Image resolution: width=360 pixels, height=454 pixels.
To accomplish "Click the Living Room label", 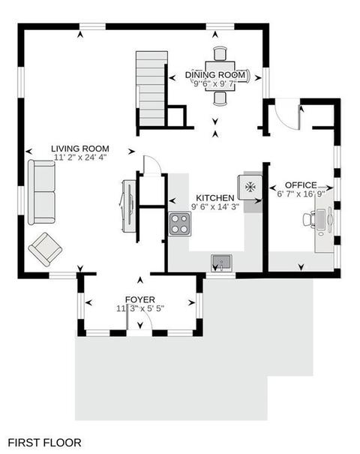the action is pos(80,149).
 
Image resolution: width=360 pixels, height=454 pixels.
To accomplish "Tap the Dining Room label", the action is pos(215,75).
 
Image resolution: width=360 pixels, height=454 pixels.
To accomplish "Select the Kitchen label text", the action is pos(215,198).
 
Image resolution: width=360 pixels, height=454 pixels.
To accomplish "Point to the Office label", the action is pos(301,185).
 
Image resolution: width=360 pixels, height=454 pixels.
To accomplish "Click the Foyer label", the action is pos(140,299).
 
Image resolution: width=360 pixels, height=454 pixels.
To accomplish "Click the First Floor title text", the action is pos(44,443).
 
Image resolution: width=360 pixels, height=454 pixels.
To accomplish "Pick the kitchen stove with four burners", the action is pos(180,224).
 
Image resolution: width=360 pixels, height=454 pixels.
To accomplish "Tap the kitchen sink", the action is pos(222,263).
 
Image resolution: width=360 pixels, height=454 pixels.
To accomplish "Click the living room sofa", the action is pos(41,192).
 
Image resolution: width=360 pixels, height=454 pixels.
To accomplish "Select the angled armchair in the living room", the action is pos(45,249).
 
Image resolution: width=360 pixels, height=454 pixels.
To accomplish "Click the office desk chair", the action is pos(309,220).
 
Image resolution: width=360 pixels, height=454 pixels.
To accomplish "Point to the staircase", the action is pos(152,89).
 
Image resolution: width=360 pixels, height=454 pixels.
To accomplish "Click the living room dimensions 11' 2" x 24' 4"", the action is pos(80,158).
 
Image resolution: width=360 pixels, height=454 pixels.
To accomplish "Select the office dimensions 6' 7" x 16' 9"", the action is pos(301,194).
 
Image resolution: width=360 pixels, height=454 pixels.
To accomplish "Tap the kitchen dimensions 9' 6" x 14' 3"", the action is pos(215,206).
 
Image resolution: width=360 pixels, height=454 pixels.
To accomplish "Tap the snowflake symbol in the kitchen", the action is pos(250,187).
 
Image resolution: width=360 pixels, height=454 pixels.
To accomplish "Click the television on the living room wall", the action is pos(129,206).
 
